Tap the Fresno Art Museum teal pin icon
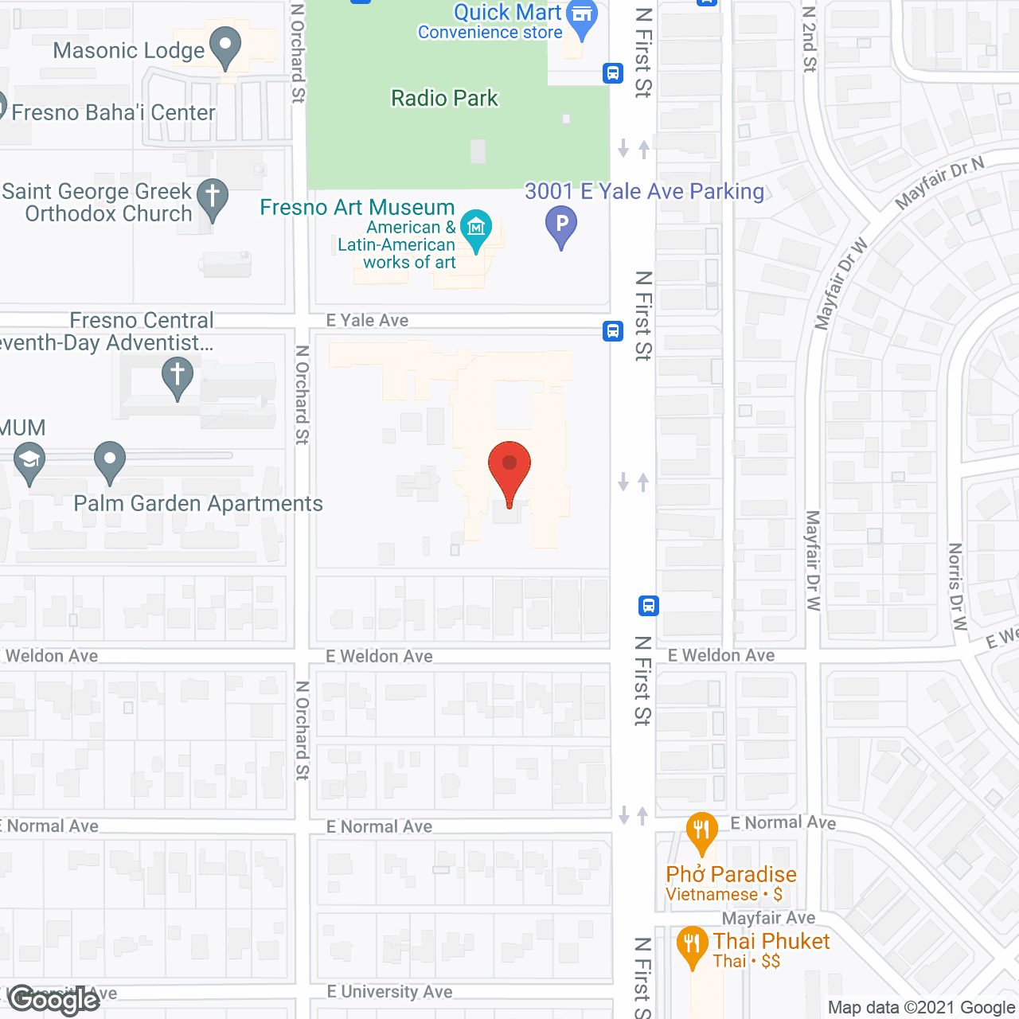(476, 229)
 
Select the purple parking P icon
(561, 224)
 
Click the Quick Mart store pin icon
(584, 18)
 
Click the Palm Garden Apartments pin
(110, 461)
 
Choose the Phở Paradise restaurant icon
(701, 832)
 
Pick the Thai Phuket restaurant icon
(691, 945)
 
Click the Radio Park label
(444, 98)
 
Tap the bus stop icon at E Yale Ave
(612, 330)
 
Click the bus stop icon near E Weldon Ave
(648, 606)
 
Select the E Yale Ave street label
(367, 320)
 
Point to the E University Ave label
(389, 992)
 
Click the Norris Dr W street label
(956, 587)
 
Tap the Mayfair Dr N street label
(939, 182)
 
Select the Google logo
(53, 1000)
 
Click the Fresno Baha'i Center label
(113, 112)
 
